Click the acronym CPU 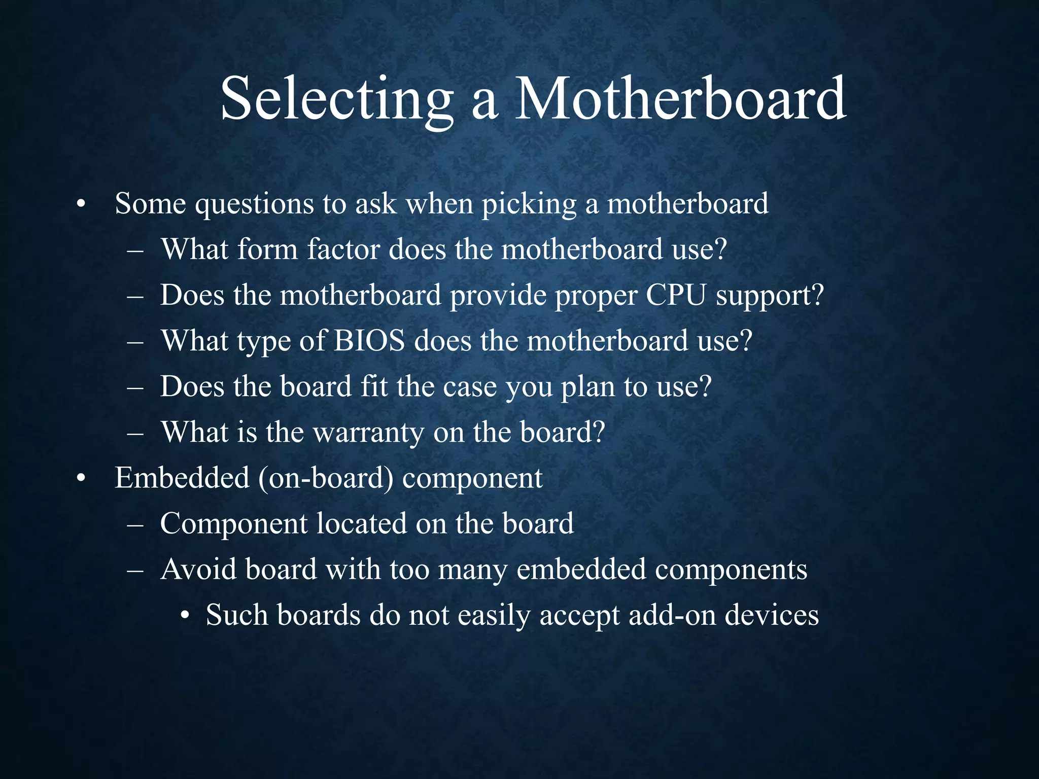coord(676,295)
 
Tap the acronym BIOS coord(369,341)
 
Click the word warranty coord(368,433)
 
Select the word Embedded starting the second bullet coord(182,478)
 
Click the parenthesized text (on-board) coord(326,479)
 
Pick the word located coord(361,523)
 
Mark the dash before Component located coord(135,524)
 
